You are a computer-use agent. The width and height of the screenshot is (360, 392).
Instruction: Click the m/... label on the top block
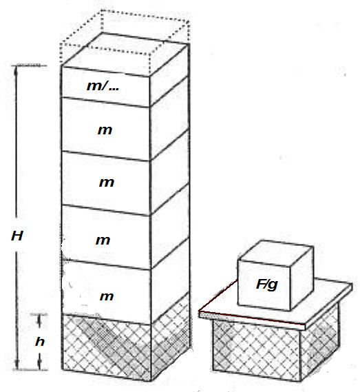pyautogui.click(x=103, y=85)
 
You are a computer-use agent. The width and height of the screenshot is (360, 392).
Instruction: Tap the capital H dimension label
pyautogui.click(x=17, y=236)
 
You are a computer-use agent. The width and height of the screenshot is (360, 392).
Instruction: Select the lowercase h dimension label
pyautogui.click(x=40, y=341)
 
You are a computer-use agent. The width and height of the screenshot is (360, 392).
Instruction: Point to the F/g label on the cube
pyautogui.click(x=267, y=285)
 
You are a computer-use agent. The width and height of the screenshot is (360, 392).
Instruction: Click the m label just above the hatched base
pyautogui.click(x=107, y=296)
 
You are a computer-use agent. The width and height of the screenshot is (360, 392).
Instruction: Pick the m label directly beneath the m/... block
pyautogui.click(x=105, y=130)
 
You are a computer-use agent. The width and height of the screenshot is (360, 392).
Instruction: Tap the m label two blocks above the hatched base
pyautogui.click(x=103, y=240)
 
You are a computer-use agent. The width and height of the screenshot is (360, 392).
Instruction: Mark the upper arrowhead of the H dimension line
pyautogui.click(x=17, y=70)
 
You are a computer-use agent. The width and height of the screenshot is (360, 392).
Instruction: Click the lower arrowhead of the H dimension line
pyautogui.click(x=17, y=364)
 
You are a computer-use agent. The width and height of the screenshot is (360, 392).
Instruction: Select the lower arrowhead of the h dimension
pyautogui.click(x=39, y=363)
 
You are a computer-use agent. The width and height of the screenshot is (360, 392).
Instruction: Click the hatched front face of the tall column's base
pyautogui.click(x=106, y=347)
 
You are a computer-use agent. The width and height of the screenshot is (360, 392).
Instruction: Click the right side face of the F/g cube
pyautogui.click(x=301, y=278)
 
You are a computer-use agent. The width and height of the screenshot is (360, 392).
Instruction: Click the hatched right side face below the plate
pyautogui.click(x=320, y=342)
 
